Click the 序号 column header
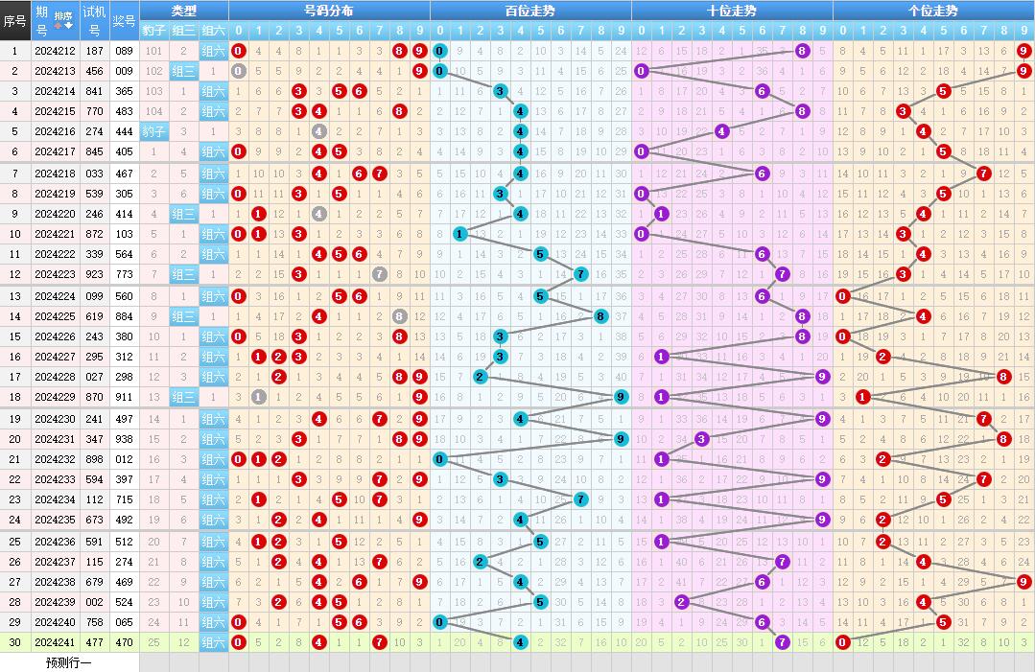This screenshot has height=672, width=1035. [x=14, y=19]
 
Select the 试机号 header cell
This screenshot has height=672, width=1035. [x=94, y=19]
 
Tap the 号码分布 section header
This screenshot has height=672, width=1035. [x=328, y=11]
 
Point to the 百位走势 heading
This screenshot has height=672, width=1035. [x=529, y=11]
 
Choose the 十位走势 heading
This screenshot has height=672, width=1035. [x=731, y=11]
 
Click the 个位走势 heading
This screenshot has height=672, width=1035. [x=932, y=11]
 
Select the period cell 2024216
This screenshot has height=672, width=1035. [x=55, y=131]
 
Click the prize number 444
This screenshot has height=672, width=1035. [x=124, y=131]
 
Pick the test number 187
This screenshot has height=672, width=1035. [x=94, y=51]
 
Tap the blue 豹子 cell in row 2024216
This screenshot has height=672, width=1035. [x=154, y=131]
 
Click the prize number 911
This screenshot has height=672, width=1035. [x=124, y=397]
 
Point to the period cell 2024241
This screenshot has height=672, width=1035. [x=55, y=642]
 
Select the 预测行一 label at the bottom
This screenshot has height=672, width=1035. [x=68, y=662]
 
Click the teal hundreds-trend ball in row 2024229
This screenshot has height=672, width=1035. [x=621, y=397]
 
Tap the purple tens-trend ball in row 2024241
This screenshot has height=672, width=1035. [x=782, y=642]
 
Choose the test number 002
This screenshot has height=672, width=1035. [x=94, y=602]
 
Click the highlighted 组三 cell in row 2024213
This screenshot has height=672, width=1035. [x=184, y=71]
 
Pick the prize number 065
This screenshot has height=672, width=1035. [x=124, y=622]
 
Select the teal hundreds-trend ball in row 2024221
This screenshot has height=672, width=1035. [x=459, y=234]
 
